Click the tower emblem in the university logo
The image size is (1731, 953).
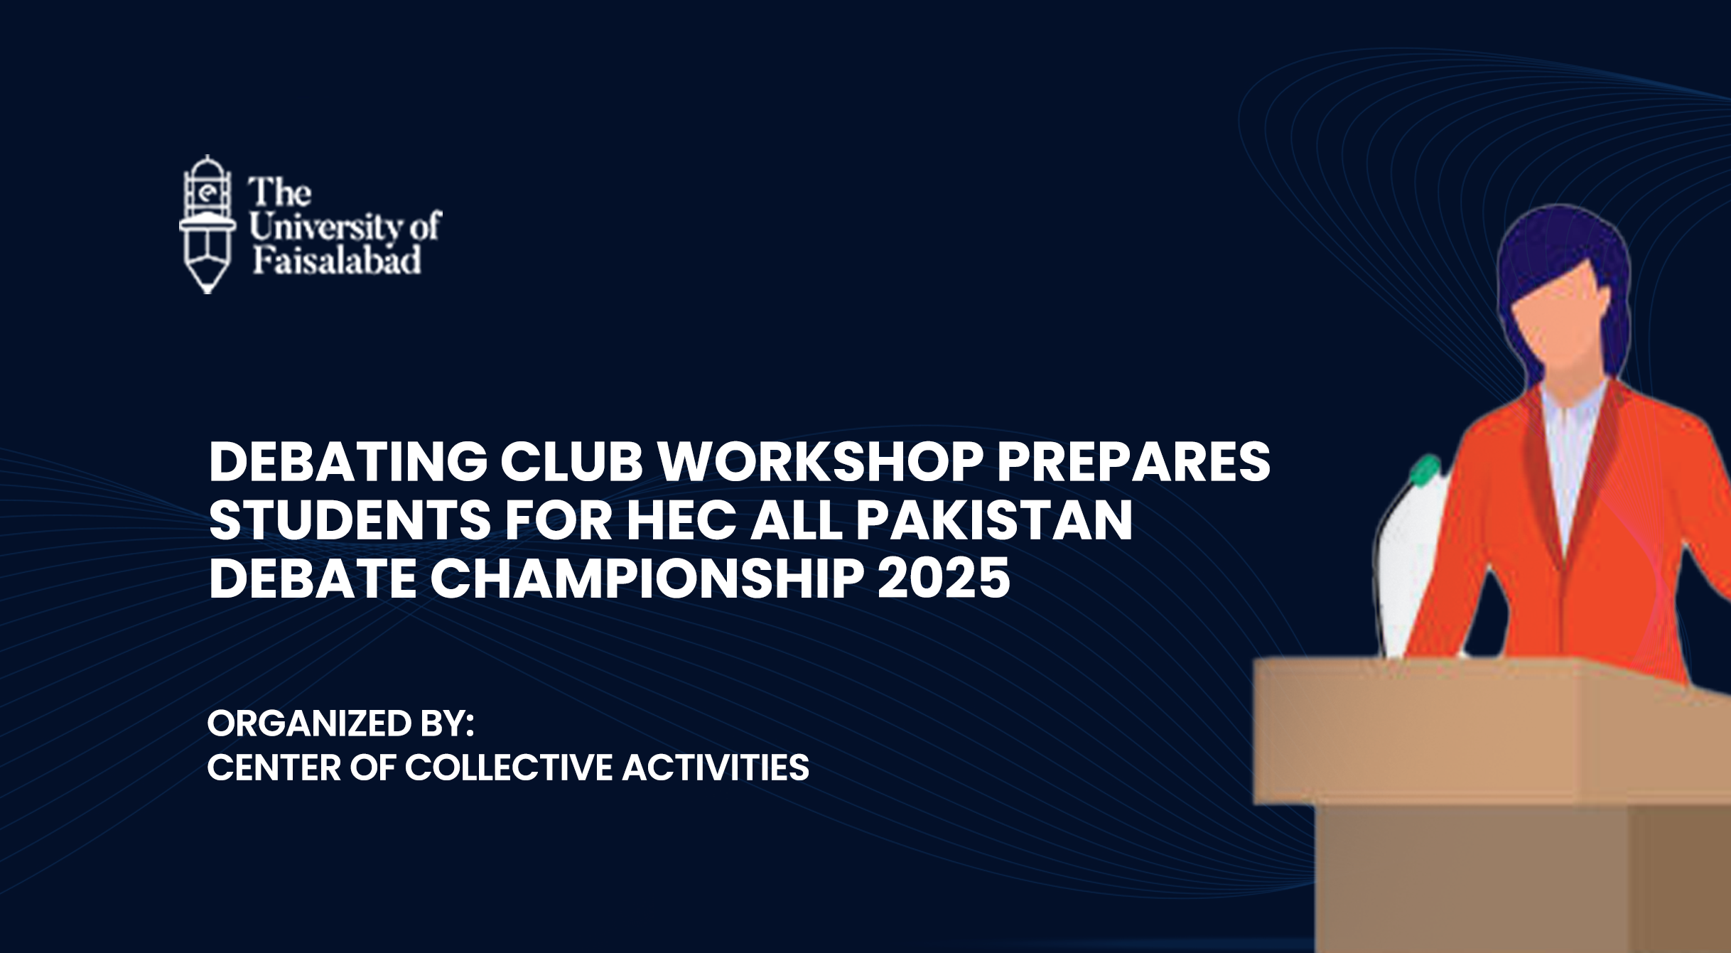207,224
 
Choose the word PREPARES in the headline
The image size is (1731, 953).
1134,462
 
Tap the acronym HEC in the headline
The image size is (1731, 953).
681,520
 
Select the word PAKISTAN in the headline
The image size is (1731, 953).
994,520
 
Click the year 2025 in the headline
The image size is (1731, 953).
944,578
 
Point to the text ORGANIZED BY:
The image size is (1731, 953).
340,723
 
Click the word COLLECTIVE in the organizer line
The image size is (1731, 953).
508,768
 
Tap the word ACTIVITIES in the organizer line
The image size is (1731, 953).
716,768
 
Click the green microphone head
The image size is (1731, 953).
1424,471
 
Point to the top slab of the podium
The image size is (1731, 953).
1492,732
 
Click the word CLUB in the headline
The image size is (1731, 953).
572,462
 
